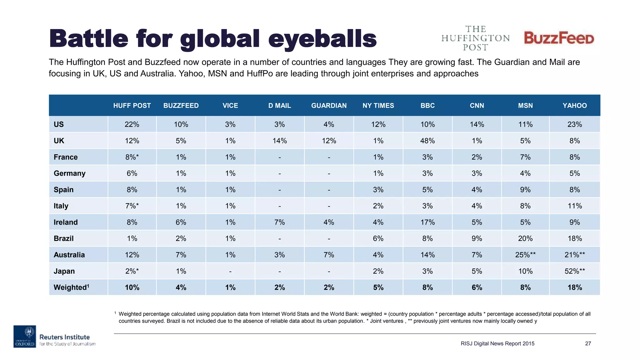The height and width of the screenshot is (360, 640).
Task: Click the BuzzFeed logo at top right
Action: tap(559, 38)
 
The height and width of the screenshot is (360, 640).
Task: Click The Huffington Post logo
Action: tap(475, 38)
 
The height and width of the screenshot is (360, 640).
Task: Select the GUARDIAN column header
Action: tap(329, 106)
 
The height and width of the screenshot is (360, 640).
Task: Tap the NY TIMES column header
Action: tap(378, 106)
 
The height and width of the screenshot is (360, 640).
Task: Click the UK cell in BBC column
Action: tap(427, 141)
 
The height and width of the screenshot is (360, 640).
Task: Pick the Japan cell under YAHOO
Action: tap(574, 271)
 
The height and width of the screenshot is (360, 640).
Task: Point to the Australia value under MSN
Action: tap(525, 255)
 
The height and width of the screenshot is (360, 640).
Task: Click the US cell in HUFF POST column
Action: tap(132, 124)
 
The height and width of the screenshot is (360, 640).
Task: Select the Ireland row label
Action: tap(66, 222)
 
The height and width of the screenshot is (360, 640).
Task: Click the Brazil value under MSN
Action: tap(525, 239)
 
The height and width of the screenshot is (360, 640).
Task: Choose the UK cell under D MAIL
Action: tap(279, 141)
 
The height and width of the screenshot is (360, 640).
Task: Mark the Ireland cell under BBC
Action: tap(427, 222)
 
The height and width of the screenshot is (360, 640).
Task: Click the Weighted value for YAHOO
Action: tap(574, 287)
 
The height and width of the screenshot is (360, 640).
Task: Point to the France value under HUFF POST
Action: tap(132, 157)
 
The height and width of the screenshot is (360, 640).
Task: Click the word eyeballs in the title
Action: tap(322, 39)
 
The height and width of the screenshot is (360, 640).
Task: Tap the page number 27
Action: tap(588, 344)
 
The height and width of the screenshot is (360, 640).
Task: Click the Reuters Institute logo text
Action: tap(65, 337)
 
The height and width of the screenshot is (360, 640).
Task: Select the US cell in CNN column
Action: tap(477, 124)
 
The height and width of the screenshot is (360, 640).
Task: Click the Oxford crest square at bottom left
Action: tap(25, 337)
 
